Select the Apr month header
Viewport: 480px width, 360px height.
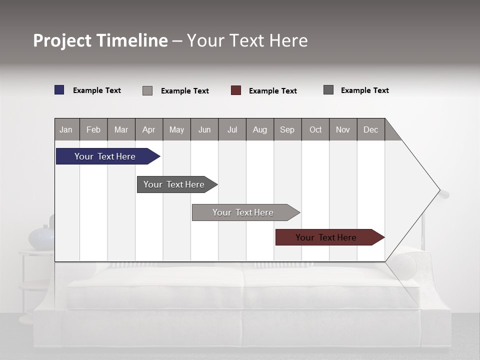148,129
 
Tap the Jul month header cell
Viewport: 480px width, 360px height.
232,129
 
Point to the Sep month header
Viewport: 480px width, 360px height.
287,129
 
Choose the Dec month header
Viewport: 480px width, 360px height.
370,129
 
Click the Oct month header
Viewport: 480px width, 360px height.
315,129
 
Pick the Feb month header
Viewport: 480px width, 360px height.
93,129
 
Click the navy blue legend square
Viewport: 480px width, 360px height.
59,90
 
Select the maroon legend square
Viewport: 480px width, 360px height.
236,90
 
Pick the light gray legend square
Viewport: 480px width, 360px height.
147,90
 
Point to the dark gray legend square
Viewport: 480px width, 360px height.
328,90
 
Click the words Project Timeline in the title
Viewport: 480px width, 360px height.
100,40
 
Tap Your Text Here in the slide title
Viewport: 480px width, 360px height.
247,40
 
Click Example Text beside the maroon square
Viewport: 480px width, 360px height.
272,91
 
